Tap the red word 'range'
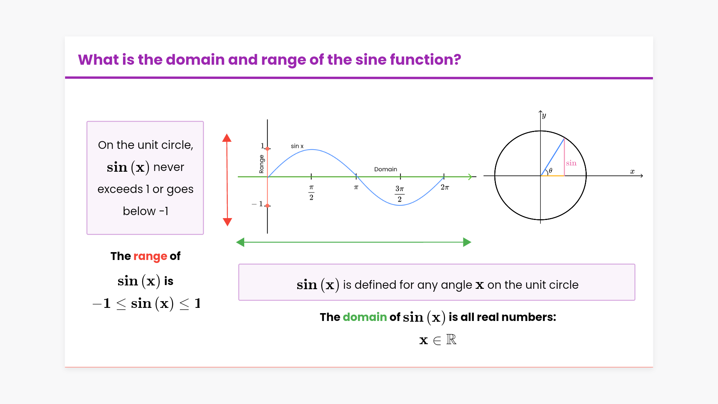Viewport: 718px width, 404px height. point(150,257)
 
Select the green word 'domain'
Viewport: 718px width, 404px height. point(365,317)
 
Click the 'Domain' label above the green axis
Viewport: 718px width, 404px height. point(386,169)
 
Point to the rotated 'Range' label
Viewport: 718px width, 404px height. point(261,164)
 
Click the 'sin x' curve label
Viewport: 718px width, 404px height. point(297,146)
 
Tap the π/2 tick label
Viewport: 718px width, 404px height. point(311,192)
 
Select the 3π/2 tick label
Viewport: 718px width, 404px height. point(400,193)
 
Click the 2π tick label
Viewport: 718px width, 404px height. point(445,187)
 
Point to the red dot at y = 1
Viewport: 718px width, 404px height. point(267,149)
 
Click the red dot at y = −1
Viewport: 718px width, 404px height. point(267,206)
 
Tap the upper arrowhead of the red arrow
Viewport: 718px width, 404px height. point(227,138)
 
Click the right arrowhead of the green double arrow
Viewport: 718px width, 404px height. point(467,242)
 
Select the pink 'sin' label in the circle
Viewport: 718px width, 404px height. point(571,163)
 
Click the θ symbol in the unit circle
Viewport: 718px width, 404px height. point(550,171)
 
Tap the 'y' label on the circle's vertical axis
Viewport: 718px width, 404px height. point(544,116)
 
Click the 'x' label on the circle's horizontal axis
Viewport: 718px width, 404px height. point(632,171)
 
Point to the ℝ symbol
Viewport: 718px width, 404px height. point(451,339)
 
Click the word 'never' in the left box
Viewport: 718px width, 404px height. point(169,167)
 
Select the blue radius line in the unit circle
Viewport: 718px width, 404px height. point(552,157)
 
